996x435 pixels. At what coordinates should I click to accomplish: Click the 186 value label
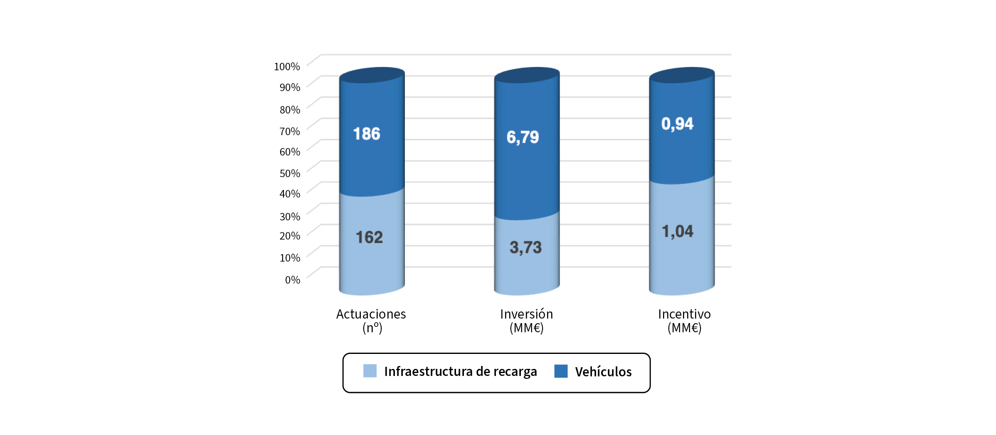(367, 134)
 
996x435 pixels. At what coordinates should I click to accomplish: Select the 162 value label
(369, 237)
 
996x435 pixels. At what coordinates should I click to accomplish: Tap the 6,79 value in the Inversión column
(523, 137)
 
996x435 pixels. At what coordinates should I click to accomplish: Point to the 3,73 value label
(526, 247)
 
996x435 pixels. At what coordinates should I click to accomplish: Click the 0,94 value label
(678, 124)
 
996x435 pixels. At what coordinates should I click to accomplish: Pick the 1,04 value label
(678, 232)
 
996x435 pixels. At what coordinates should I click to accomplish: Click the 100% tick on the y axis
(287, 67)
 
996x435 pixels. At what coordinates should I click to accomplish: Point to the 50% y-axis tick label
(290, 173)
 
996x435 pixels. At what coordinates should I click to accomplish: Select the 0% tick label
(293, 280)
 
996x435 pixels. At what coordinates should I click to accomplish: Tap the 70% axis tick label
(290, 131)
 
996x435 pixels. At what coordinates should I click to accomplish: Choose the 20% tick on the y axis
(290, 236)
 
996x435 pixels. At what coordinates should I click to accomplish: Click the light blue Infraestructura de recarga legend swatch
(370, 371)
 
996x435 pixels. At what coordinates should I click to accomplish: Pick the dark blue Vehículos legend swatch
(561, 371)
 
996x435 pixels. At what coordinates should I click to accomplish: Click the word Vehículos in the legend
(603, 372)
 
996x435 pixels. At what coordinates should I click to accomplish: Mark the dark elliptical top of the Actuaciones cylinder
(372, 75)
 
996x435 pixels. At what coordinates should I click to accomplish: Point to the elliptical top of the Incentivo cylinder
(682, 75)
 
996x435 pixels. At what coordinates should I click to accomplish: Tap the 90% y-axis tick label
(290, 87)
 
